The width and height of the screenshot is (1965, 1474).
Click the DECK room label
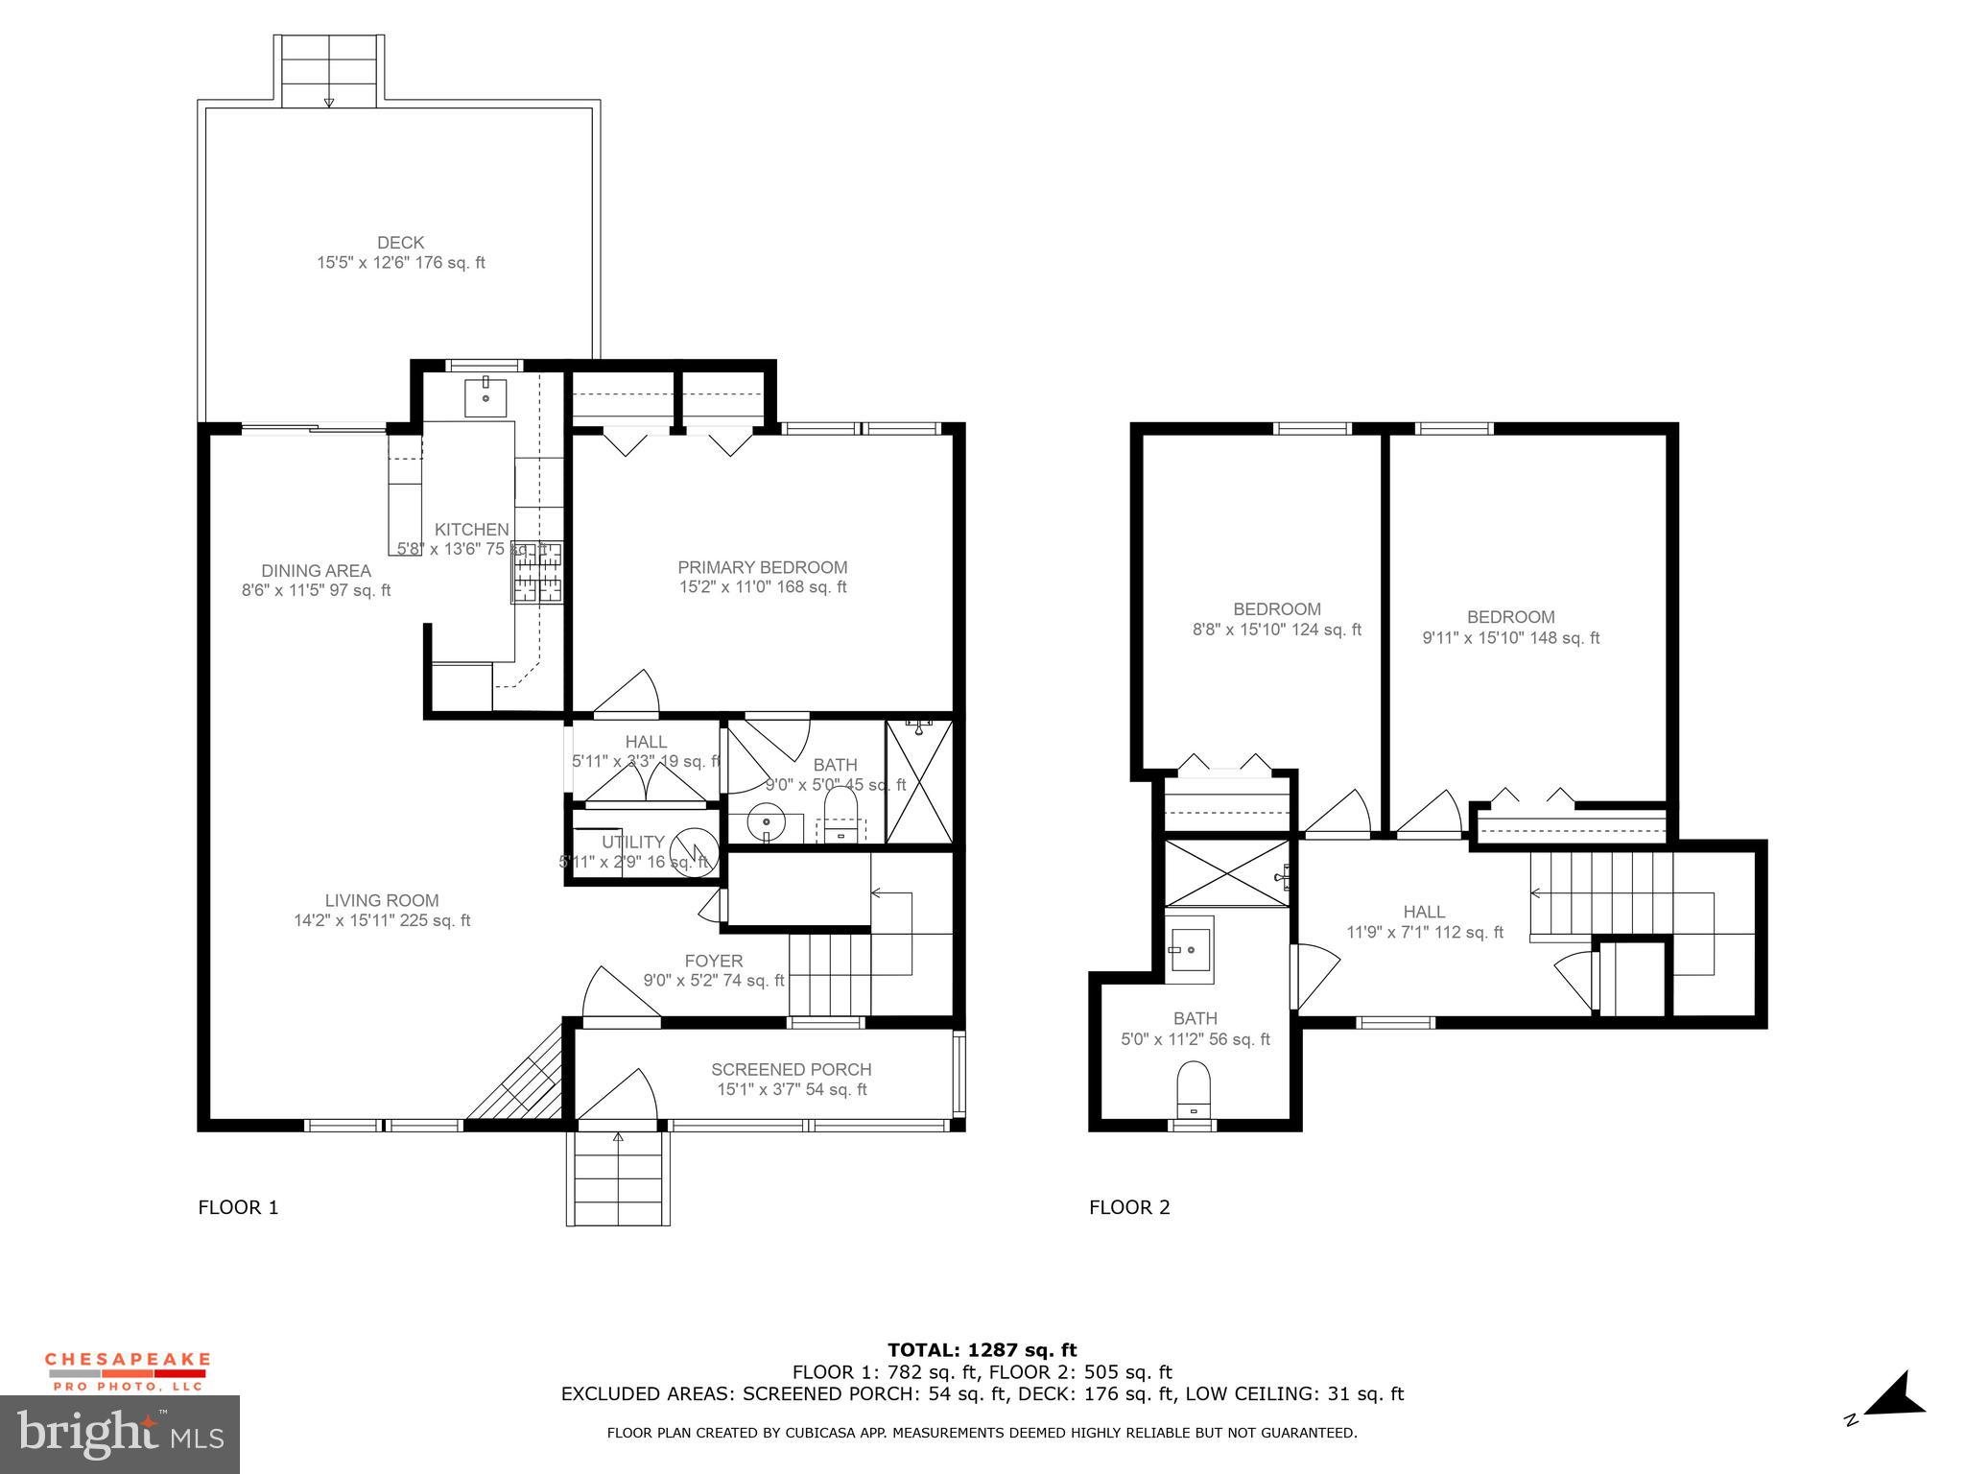400,243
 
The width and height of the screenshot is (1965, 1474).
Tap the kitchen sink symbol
485,397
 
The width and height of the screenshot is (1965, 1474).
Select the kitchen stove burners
537,574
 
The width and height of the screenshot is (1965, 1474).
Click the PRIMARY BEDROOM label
762,567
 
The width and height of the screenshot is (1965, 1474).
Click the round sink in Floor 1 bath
767,823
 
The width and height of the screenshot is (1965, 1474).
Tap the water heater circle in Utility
693,850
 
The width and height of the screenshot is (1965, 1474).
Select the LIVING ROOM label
381,900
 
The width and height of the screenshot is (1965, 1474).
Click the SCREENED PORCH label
791,1069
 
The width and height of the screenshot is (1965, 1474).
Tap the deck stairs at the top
329,70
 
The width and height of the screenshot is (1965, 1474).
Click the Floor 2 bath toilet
1193,1088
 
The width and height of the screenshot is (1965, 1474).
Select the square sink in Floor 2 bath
1190,949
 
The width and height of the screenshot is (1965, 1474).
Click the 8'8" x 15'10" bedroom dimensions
1276,630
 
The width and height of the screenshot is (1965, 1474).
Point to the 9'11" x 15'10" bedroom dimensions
1510,638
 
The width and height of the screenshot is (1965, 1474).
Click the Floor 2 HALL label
1424,912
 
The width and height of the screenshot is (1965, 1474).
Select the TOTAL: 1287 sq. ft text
982,1350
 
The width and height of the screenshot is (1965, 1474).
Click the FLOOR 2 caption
1129,1207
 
